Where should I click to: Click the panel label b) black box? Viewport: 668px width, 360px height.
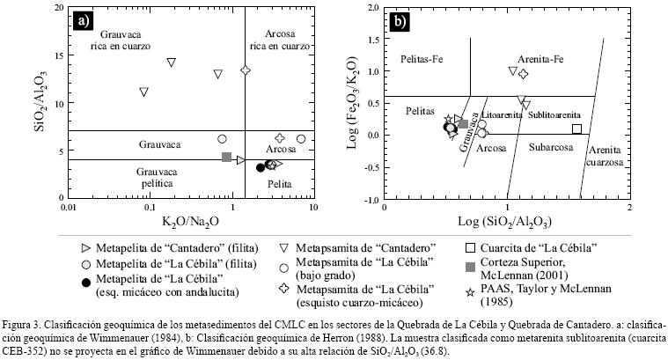coord(401,20)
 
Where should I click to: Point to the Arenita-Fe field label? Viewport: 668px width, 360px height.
coord(534,58)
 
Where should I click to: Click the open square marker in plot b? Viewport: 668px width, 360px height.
coord(576,129)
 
